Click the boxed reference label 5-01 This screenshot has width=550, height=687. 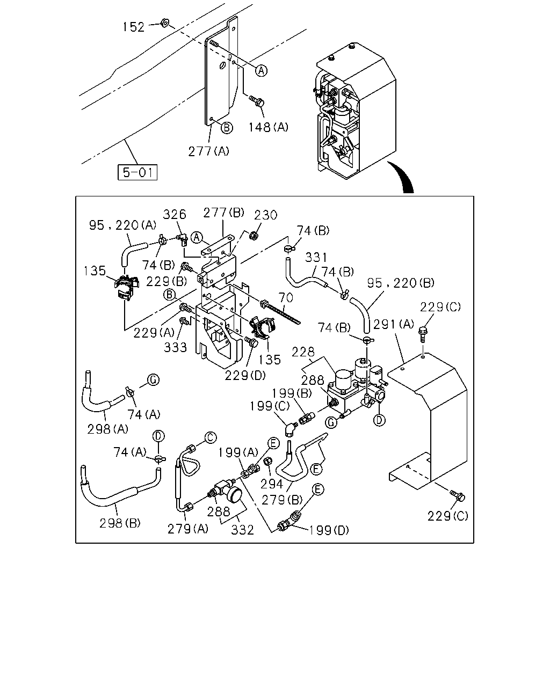pyautogui.click(x=137, y=172)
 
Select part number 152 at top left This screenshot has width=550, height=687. pyautogui.click(x=134, y=27)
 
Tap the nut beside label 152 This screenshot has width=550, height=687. pyautogui.click(x=165, y=23)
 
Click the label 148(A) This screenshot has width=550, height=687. pyautogui.click(x=269, y=127)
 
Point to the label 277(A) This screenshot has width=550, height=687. pyautogui.click(x=209, y=151)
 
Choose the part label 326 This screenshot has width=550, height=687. pyautogui.click(x=175, y=214)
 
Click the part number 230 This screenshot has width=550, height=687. pyautogui.click(x=265, y=215)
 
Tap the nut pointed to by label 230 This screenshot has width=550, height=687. pyautogui.click(x=254, y=236)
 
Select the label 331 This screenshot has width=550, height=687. pyautogui.click(x=316, y=257)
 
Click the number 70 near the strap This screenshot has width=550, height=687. pyautogui.click(x=286, y=297)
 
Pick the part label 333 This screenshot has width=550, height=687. pyautogui.click(x=175, y=347)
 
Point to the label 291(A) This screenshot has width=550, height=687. pyautogui.click(x=394, y=324)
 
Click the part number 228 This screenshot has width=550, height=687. pyautogui.click(x=303, y=352)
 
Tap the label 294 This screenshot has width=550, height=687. pyautogui.click(x=272, y=484)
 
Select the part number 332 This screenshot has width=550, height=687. pyautogui.click(x=243, y=530)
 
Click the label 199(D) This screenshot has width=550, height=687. pyautogui.click(x=329, y=530)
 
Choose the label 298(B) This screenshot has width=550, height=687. pyautogui.click(x=120, y=523)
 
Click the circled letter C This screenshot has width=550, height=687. pyautogui.click(x=211, y=437)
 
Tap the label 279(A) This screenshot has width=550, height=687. pyautogui.click(x=188, y=529)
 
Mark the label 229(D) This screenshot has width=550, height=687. pyautogui.click(x=245, y=376)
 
